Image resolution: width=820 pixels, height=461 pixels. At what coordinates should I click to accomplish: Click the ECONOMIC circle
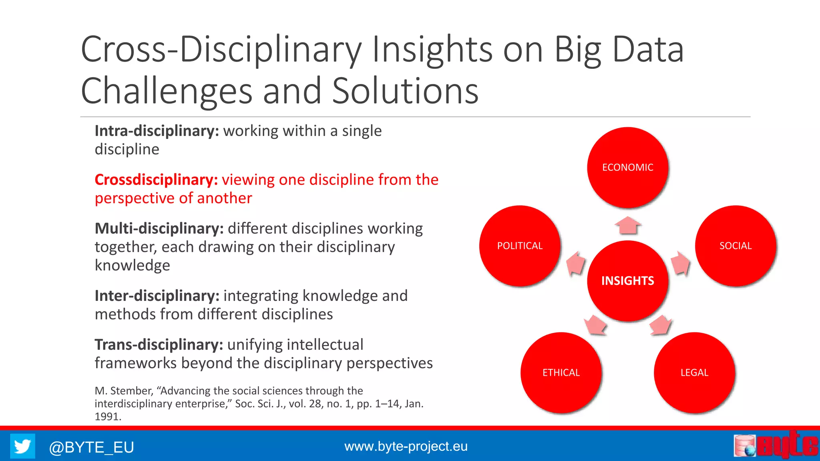coord(627,167)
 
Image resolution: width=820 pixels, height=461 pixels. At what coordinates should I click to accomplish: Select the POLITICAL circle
coord(520,246)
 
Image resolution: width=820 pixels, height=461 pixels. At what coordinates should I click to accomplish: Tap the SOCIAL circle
coord(736,246)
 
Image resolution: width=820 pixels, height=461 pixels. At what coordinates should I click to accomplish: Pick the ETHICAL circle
coord(561,373)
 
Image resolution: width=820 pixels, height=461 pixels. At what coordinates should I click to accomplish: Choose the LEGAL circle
coord(694,373)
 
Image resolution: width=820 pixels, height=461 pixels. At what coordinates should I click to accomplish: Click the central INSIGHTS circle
coord(627,281)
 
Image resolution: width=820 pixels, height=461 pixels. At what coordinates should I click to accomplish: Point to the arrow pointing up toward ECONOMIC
coord(628,226)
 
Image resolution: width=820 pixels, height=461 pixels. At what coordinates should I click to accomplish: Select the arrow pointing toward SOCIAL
coord(680,264)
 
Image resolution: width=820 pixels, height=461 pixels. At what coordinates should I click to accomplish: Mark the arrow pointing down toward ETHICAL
coord(595,325)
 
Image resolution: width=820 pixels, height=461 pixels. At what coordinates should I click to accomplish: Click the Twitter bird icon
coord(22,446)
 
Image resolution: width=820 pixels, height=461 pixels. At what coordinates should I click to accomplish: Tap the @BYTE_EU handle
coord(91,447)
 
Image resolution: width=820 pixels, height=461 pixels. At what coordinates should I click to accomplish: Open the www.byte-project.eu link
coord(406,446)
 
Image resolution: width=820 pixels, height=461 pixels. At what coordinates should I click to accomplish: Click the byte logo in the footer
coord(776,445)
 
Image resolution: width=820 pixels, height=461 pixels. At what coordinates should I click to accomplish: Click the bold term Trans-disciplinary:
coord(159,345)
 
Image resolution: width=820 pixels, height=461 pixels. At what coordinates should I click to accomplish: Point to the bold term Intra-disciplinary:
coord(157,131)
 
